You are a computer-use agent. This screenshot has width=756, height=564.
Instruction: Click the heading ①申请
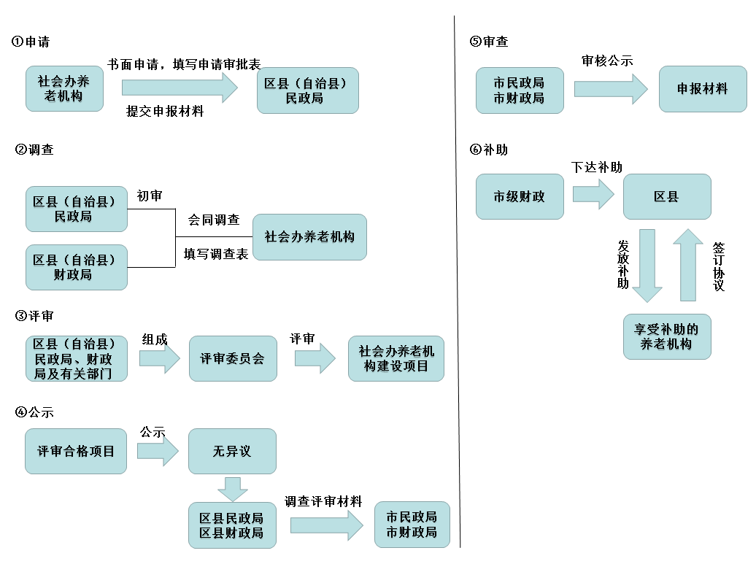(31, 42)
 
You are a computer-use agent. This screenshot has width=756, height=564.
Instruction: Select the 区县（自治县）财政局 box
(76, 267)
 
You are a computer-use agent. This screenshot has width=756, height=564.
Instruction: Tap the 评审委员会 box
(233, 358)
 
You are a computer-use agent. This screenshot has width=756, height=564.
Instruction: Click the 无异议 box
(232, 451)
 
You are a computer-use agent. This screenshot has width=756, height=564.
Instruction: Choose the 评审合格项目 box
(76, 451)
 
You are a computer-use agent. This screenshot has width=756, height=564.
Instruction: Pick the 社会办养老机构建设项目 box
(396, 358)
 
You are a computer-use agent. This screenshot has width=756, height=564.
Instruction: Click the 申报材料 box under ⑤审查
(703, 89)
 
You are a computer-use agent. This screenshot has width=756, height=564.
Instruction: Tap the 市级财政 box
(520, 196)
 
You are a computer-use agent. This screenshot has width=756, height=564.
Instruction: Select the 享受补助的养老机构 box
(666, 336)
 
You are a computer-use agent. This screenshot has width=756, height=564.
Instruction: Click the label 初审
(150, 196)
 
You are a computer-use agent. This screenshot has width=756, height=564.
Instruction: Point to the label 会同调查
(214, 220)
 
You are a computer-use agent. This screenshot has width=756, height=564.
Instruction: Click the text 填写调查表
(216, 254)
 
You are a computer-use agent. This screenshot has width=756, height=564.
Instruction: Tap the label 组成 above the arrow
(155, 339)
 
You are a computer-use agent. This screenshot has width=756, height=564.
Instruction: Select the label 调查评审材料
(323, 501)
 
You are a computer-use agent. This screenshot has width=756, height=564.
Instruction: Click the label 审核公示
(607, 61)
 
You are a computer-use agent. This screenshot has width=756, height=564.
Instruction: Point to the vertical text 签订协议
(719, 266)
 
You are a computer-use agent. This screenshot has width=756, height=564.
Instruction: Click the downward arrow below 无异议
(232, 488)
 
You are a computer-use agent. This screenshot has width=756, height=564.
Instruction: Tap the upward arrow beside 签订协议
(688, 263)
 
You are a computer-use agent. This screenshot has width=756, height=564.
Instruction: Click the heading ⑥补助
(489, 150)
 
